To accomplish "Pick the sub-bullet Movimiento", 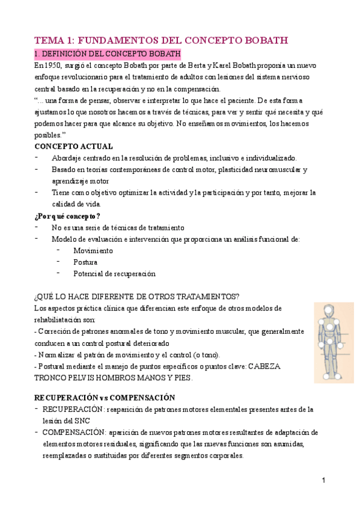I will pyautogui.click(x=93, y=250).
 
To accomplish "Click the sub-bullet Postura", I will pyautogui.click(x=85, y=262).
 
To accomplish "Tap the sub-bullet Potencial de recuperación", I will pyautogui.click(x=114, y=274).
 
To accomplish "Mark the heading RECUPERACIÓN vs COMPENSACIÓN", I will pyautogui.click(x=105, y=398).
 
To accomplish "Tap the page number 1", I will pyautogui.click(x=323, y=481).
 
